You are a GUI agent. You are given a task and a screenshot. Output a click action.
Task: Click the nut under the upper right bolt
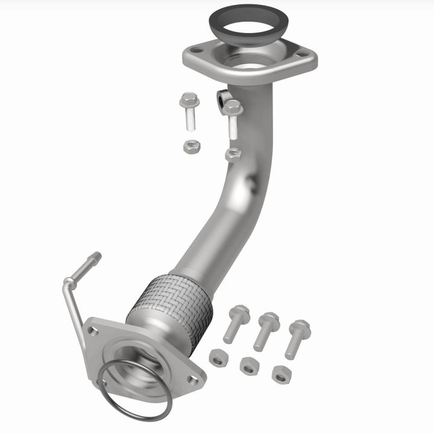tap(233, 154)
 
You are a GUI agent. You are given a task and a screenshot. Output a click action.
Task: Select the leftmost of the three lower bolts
tap(236, 323)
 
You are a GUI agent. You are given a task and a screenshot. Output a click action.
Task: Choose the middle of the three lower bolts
tap(266, 330)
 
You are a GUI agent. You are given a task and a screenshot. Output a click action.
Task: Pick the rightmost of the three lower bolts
tap(297, 337)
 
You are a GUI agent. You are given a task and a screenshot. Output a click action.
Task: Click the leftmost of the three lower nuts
tap(218, 357)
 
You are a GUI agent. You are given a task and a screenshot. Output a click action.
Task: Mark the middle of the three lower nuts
tap(249, 365)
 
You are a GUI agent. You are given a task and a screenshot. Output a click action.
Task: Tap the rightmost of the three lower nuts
tap(280, 374)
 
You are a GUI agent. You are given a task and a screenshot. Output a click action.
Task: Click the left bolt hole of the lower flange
tap(93, 330)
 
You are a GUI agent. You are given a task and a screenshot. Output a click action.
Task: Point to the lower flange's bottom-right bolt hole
tap(192, 379)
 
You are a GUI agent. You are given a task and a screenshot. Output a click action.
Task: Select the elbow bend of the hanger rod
tap(67, 283)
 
